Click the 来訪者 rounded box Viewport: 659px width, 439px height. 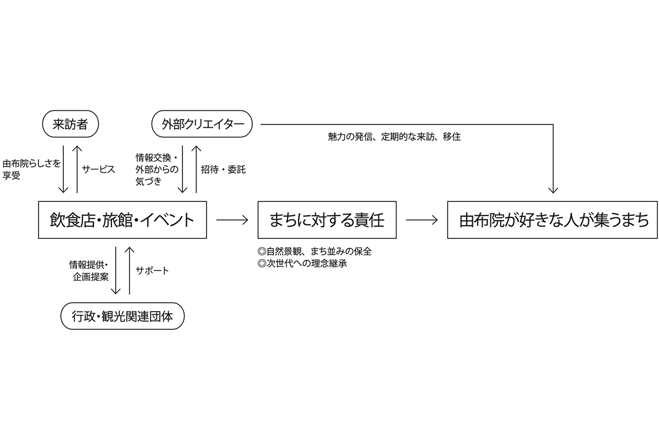(x=70, y=125)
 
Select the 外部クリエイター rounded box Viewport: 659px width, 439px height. (x=202, y=125)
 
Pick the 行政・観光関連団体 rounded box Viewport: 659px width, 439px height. (x=122, y=316)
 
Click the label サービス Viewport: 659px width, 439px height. (x=99, y=170)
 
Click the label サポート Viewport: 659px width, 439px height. (x=152, y=271)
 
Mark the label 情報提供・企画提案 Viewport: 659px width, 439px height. (x=88, y=271)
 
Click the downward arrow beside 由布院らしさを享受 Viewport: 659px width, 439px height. (x=64, y=170)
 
